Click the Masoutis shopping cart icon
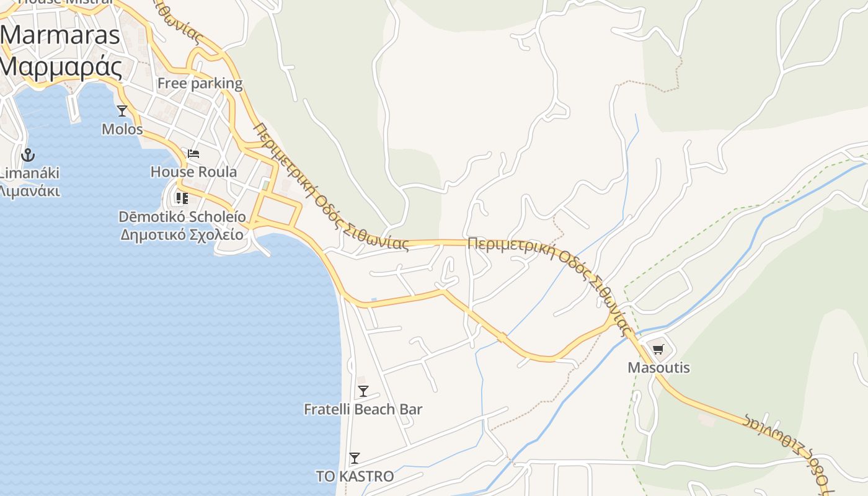click(658, 349)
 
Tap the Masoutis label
click(658, 368)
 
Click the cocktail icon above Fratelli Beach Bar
click(363, 391)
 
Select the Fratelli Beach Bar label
click(363, 409)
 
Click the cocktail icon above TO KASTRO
click(355, 458)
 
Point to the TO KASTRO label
click(355, 476)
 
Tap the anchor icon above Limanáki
click(27, 154)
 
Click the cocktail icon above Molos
click(122, 111)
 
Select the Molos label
click(122, 130)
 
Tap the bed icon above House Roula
click(193, 154)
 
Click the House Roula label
click(193, 172)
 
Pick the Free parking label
click(200, 83)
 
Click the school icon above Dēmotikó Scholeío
click(182, 198)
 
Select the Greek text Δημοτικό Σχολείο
click(182, 234)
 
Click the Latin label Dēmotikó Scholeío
click(182, 217)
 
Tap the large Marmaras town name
click(60, 34)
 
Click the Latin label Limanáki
click(30, 173)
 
